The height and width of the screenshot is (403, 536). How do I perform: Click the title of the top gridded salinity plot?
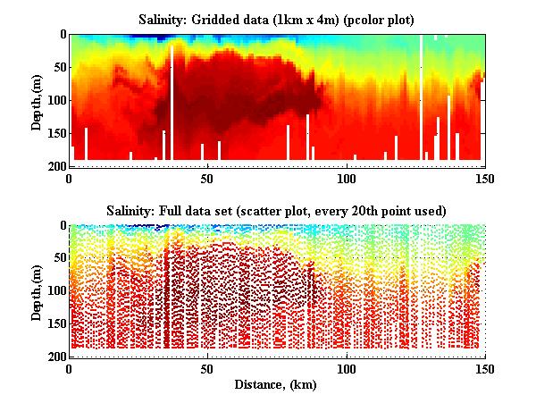pos(277,19)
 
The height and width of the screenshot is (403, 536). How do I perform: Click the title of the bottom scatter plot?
pos(277,210)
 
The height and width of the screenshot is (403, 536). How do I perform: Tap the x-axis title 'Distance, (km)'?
pos(277,385)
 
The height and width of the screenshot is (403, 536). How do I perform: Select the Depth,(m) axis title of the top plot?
pos(37,100)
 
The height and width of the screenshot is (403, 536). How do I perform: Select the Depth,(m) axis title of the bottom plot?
pos(37,291)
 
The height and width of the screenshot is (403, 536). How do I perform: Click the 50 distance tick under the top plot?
pos(207,178)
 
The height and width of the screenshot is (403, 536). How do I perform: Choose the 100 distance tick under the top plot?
pos(346,178)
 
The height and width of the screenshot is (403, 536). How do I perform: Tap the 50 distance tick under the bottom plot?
pos(207,369)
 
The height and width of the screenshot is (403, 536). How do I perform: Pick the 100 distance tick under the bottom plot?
pos(346,369)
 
